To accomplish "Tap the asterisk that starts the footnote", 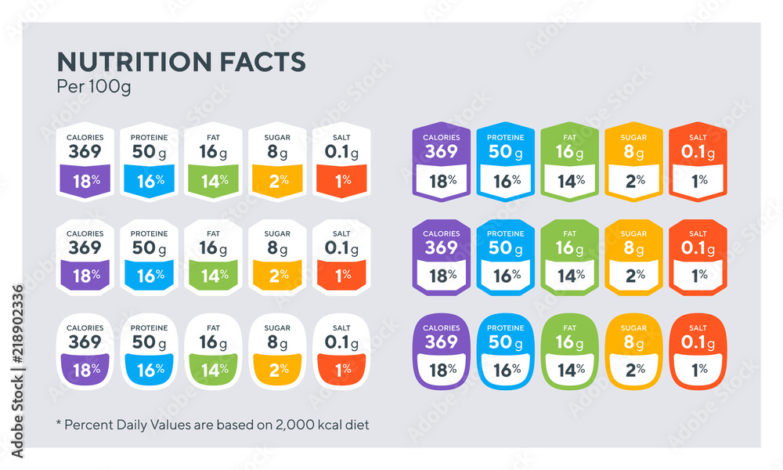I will pyautogui.click(x=58, y=424).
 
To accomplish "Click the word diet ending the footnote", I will pyautogui.click(x=358, y=425).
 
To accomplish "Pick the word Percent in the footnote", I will pyautogui.click(x=88, y=425).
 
